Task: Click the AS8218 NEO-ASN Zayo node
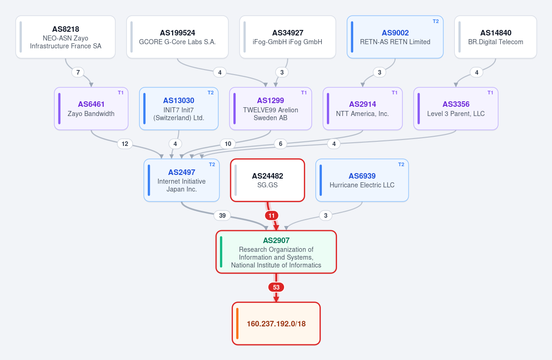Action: (65, 37)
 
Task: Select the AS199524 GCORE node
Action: (177, 37)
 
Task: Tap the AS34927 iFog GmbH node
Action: (288, 37)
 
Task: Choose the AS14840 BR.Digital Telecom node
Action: (496, 37)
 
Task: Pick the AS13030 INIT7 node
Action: (179, 109)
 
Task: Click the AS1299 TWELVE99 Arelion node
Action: (271, 109)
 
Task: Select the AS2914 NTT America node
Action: (363, 109)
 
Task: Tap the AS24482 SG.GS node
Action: (267, 180)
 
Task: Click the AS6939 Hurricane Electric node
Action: (362, 180)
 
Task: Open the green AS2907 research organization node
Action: (276, 252)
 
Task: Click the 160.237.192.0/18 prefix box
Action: (276, 324)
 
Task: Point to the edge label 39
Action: (222, 215)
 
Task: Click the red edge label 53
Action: (276, 287)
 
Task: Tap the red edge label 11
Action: (272, 215)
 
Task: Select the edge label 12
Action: (125, 144)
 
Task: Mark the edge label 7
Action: (78, 72)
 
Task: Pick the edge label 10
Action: (228, 144)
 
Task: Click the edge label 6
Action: (280, 144)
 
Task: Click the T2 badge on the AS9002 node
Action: (436, 21)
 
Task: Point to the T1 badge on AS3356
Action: (490, 93)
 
